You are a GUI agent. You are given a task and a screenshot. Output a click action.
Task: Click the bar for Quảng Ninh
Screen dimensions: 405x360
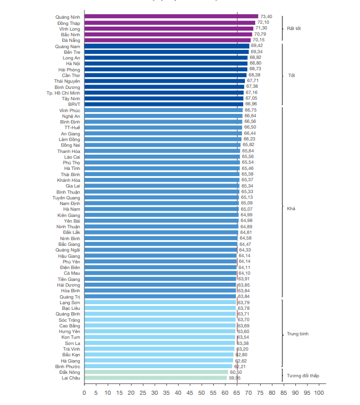(x=170, y=16)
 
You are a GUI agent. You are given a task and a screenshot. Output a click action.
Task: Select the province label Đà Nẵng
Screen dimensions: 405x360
(x=71, y=40)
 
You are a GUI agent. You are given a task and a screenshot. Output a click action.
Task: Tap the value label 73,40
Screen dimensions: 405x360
(x=266, y=16)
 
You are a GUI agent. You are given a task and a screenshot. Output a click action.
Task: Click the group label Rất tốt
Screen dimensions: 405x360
(x=294, y=28)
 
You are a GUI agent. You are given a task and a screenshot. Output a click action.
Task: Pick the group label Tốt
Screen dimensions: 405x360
(x=291, y=75)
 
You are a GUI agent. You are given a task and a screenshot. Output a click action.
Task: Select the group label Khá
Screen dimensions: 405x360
(x=291, y=208)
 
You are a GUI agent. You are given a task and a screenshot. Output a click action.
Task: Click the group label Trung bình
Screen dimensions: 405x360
(x=297, y=334)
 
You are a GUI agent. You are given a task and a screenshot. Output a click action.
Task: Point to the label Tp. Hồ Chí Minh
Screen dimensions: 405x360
(x=63, y=92)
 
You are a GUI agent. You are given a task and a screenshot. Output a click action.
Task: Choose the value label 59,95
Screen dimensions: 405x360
(x=234, y=378)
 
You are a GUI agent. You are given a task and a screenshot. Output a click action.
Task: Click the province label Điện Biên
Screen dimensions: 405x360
(x=69, y=267)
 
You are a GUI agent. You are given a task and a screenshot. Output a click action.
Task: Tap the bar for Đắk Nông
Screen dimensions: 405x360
(x=156, y=372)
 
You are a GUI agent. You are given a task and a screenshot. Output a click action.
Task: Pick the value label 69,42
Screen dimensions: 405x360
(x=257, y=46)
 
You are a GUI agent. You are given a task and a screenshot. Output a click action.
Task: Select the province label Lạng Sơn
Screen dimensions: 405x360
(x=69, y=302)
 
